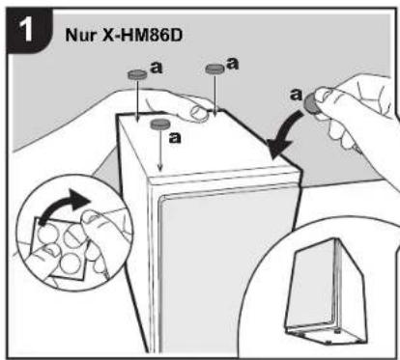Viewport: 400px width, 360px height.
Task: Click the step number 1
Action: pos(26,29)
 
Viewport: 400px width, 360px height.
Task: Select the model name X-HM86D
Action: pos(142,35)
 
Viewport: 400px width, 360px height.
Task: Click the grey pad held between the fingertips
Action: pos(310,103)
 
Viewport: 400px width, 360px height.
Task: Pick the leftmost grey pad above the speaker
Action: pos(137,74)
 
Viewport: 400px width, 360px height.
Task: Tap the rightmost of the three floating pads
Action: pos(214,69)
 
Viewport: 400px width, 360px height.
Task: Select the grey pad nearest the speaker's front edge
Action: pos(160,124)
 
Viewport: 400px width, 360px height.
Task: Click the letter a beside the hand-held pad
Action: pos(297,95)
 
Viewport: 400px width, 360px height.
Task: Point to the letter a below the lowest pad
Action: pos(175,138)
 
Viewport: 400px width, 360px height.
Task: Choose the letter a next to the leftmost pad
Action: pos(157,68)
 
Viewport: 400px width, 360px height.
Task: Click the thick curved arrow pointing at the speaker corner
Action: pos(283,132)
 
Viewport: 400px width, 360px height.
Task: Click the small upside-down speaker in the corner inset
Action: pos(325,292)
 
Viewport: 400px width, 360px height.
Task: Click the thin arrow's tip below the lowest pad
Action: pos(160,170)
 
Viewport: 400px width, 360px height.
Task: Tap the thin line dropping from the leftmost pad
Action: pos(137,100)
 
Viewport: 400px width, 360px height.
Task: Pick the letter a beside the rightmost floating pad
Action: pos(233,64)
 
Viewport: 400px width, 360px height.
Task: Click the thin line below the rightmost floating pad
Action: pos(214,94)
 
